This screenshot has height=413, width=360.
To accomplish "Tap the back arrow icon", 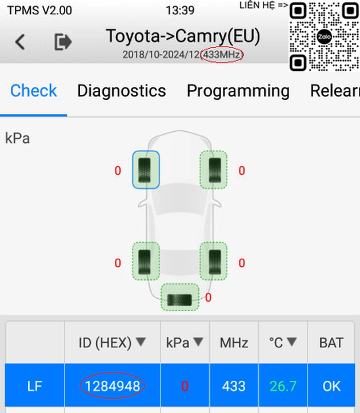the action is [20, 42].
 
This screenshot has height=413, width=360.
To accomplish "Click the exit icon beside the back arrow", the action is [63, 42].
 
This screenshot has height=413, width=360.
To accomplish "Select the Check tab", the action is [33, 91].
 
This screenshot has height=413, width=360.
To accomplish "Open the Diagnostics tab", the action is [121, 91].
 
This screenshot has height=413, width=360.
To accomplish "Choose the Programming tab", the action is [238, 91].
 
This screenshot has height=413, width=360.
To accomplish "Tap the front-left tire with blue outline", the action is [146, 170].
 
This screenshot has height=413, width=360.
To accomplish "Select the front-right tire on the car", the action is [213, 170].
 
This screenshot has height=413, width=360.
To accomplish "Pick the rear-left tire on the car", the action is [146, 261].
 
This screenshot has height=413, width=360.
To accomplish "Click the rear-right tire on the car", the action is [213, 261].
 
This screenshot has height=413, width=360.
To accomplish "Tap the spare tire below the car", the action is [180, 297].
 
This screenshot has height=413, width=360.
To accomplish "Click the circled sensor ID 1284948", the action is [113, 386].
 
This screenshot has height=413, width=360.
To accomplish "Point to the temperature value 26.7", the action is [283, 386].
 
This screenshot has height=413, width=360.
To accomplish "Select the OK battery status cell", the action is [332, 386].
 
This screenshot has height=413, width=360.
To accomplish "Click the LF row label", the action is [34, 386].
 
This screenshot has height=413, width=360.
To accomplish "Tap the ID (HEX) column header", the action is [112, 343].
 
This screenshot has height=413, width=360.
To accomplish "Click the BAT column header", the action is [331, 343].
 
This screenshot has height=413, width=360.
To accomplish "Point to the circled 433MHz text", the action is [222, 55].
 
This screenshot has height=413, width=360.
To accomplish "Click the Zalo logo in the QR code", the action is [324, 37].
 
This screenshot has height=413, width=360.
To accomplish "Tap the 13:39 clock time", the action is [180, 11].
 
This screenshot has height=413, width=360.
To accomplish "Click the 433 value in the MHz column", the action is [234, 386].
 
